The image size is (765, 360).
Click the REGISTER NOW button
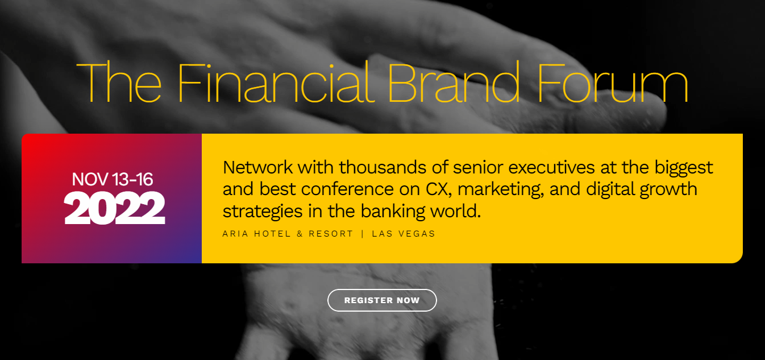pos(382,300)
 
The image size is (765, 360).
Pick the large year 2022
pos(114,208)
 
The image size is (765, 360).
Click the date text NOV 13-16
pos(113,180)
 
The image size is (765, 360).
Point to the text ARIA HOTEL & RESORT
pos(288,234)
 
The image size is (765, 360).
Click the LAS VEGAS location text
pos(404,234)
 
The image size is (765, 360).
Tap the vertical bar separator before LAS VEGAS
pos(363,234)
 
